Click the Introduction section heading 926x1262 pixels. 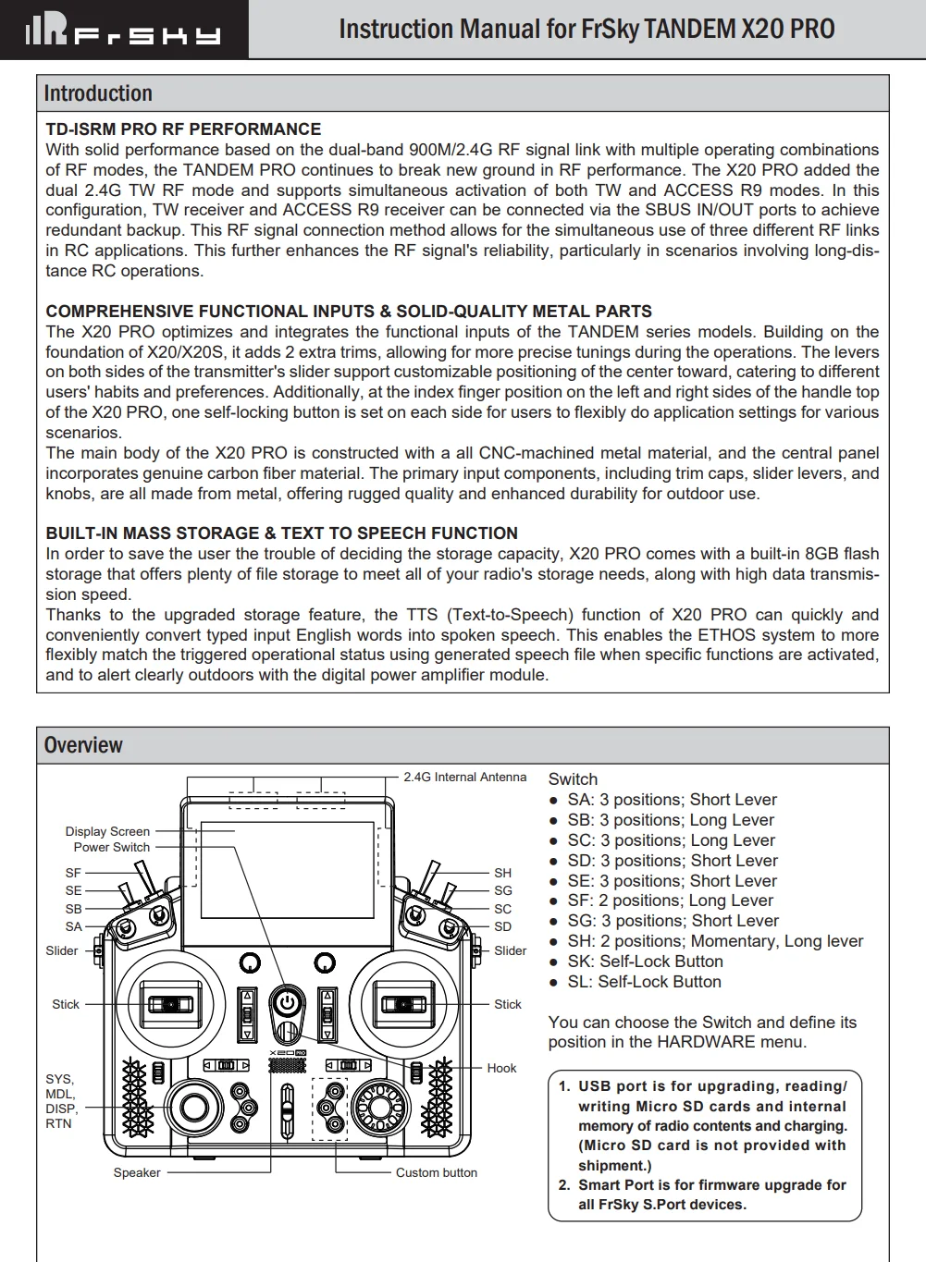[98, 94]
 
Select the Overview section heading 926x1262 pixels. [83, 745]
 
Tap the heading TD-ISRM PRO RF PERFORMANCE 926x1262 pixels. [183, 129]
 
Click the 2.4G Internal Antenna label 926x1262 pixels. [464, 778]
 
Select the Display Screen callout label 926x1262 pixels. [107, 831]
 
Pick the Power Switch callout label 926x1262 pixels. [112, 847]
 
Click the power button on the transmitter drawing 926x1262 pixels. [287, 1002]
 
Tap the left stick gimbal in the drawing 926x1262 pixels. [170, 1004]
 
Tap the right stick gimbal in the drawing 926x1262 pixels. [403, 1004]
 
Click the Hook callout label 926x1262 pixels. [501, 1068]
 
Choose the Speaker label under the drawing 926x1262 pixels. [137, 1172]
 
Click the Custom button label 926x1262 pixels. [437, 1172]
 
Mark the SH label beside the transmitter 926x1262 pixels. [502, 873]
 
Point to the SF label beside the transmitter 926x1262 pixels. [73, 873]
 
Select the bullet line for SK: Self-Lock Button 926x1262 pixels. [645, 962]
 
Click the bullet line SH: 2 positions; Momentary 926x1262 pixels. [714, 941]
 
